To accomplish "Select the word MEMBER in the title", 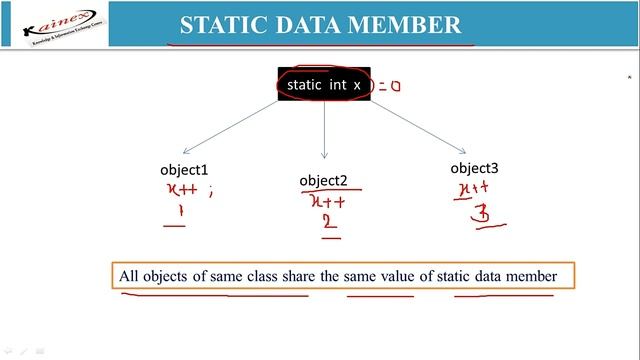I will click(x=416, y=24).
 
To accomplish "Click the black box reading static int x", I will click(x=323, y=85).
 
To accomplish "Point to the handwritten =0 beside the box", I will click(x=389, y=86).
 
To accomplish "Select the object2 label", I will click(x=323, y=181).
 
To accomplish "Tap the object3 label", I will click(x=473, y=168).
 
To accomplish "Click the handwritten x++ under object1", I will click(x=180, y=190).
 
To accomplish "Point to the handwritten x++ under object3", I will click(x=472, y=188).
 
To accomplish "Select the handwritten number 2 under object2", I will click(x=329, y=222).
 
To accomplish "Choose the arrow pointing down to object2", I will click(x=324, y=130).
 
